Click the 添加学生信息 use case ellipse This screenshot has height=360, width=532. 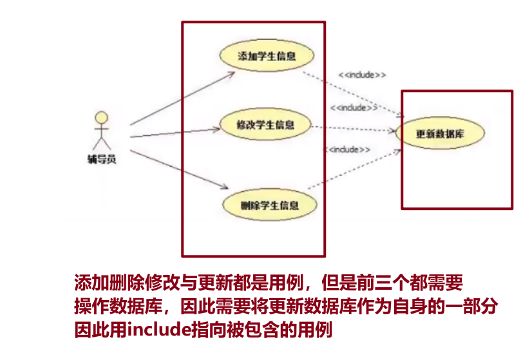tap(267, 56)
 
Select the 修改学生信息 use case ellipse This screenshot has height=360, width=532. tap(265, 125)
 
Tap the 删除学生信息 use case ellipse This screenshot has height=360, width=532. tap(269, 205)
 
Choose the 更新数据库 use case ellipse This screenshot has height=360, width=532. tap(441, 134)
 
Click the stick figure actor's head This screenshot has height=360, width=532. tap(101, 118)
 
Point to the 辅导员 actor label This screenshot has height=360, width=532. tap(102, 158)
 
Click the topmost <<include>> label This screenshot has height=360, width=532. tap(362, 75)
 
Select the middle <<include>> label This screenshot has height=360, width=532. tap(354, 108)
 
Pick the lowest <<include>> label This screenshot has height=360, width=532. tap(349, 149)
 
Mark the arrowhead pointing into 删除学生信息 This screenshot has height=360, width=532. tap(225, 187)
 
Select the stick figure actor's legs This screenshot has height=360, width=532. tap(101, 144)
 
